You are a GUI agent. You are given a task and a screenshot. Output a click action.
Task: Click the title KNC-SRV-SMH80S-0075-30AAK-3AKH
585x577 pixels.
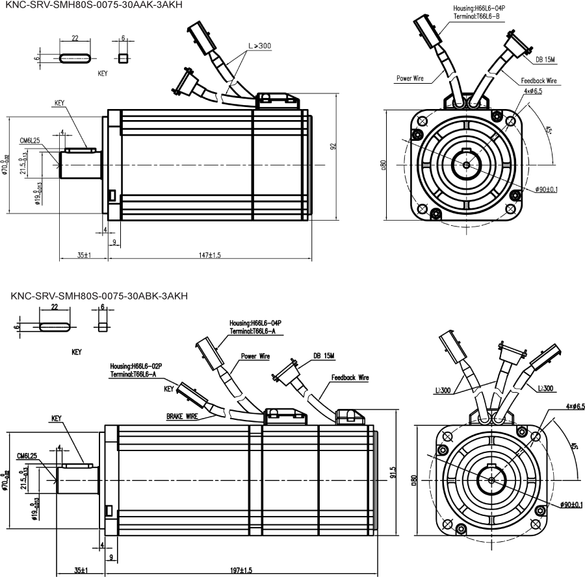[90, 5]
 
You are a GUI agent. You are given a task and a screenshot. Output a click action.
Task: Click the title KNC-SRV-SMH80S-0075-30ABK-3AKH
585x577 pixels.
[99, 297]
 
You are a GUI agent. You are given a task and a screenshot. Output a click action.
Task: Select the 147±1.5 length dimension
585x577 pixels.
[209, 256]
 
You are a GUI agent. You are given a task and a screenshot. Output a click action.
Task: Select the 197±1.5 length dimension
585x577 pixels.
[242, 571]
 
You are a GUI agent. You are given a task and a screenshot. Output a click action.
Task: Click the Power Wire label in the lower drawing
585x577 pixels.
[255, 356]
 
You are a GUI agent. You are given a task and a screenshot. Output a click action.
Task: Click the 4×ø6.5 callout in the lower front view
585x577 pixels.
[575, 406]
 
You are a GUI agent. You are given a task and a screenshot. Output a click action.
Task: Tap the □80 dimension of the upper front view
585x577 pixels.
[383, 165]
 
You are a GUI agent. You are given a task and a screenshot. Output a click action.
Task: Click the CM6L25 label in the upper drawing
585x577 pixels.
[30, 140]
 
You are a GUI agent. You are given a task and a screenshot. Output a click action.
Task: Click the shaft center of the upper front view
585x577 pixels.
[466, 165]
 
